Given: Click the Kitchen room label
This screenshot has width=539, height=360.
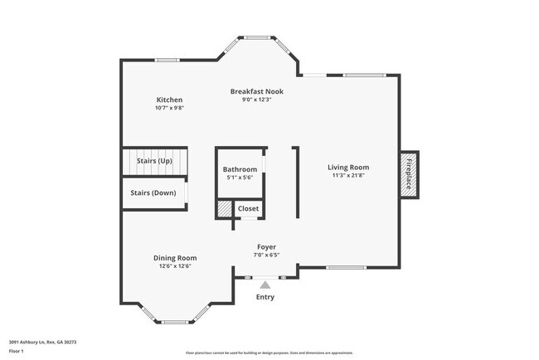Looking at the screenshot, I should pyautogui.click(x=169, y=100).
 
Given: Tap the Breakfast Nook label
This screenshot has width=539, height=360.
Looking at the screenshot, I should pyautogui.click(x=256, y=91).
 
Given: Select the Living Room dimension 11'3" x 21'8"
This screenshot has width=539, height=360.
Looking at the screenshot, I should pyautogui.click(x=347, y=175).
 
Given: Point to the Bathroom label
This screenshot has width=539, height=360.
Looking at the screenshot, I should pyautogui.click(x=240, y=169).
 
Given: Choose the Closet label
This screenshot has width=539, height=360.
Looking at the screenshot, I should pyautogui.click(x=248, y=208).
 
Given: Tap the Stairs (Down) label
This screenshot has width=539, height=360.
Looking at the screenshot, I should pyautogui.click(x=153, y=192).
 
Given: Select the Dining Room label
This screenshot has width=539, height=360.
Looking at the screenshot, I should pyautogui.click(x=175, y=257).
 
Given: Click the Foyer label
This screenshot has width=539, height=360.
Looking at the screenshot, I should pyautogui.click(x=266, y=246).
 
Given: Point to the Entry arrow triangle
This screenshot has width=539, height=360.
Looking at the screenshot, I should pyautogui.click(x=265, y=284).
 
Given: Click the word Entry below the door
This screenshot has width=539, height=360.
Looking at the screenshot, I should pyautogui.click(x=265, y=297).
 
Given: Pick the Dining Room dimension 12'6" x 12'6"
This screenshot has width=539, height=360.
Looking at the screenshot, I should pyautogui.click(x=175, y=266).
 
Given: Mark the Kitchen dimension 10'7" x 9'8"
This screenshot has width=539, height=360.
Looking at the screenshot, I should pyautogui.click(x=169, y=108).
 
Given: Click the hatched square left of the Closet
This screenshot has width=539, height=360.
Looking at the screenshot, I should pyautogui.click(x=225, y=208).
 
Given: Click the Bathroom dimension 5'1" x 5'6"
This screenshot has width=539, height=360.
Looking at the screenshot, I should pyautogui.click(x=240, y=178).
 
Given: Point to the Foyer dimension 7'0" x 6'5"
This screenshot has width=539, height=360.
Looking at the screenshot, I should pyautogui.click(x=266, y=255).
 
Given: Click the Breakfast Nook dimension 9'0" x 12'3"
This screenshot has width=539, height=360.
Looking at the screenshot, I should pyautogui.click(x=256, y=100).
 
